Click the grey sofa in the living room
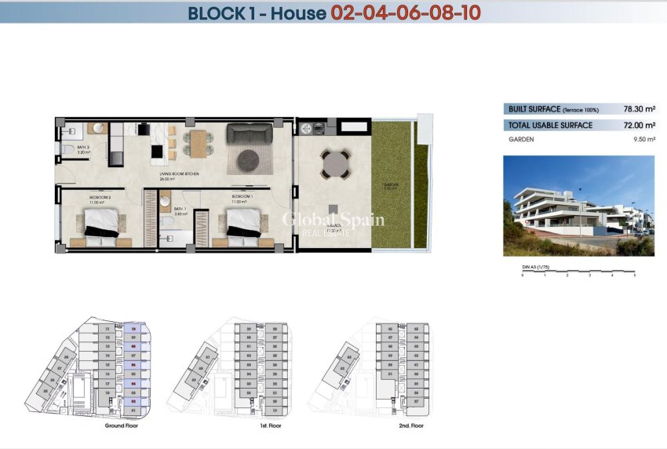(249, 133)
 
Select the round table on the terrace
(334, 165)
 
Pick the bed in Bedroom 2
(100, 221)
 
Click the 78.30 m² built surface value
(639, 109)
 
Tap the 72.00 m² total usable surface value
(639, 125)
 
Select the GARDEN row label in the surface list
(521, 139)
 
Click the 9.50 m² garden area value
(642, 139)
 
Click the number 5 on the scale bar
(634, 276)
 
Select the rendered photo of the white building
(578, 206)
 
